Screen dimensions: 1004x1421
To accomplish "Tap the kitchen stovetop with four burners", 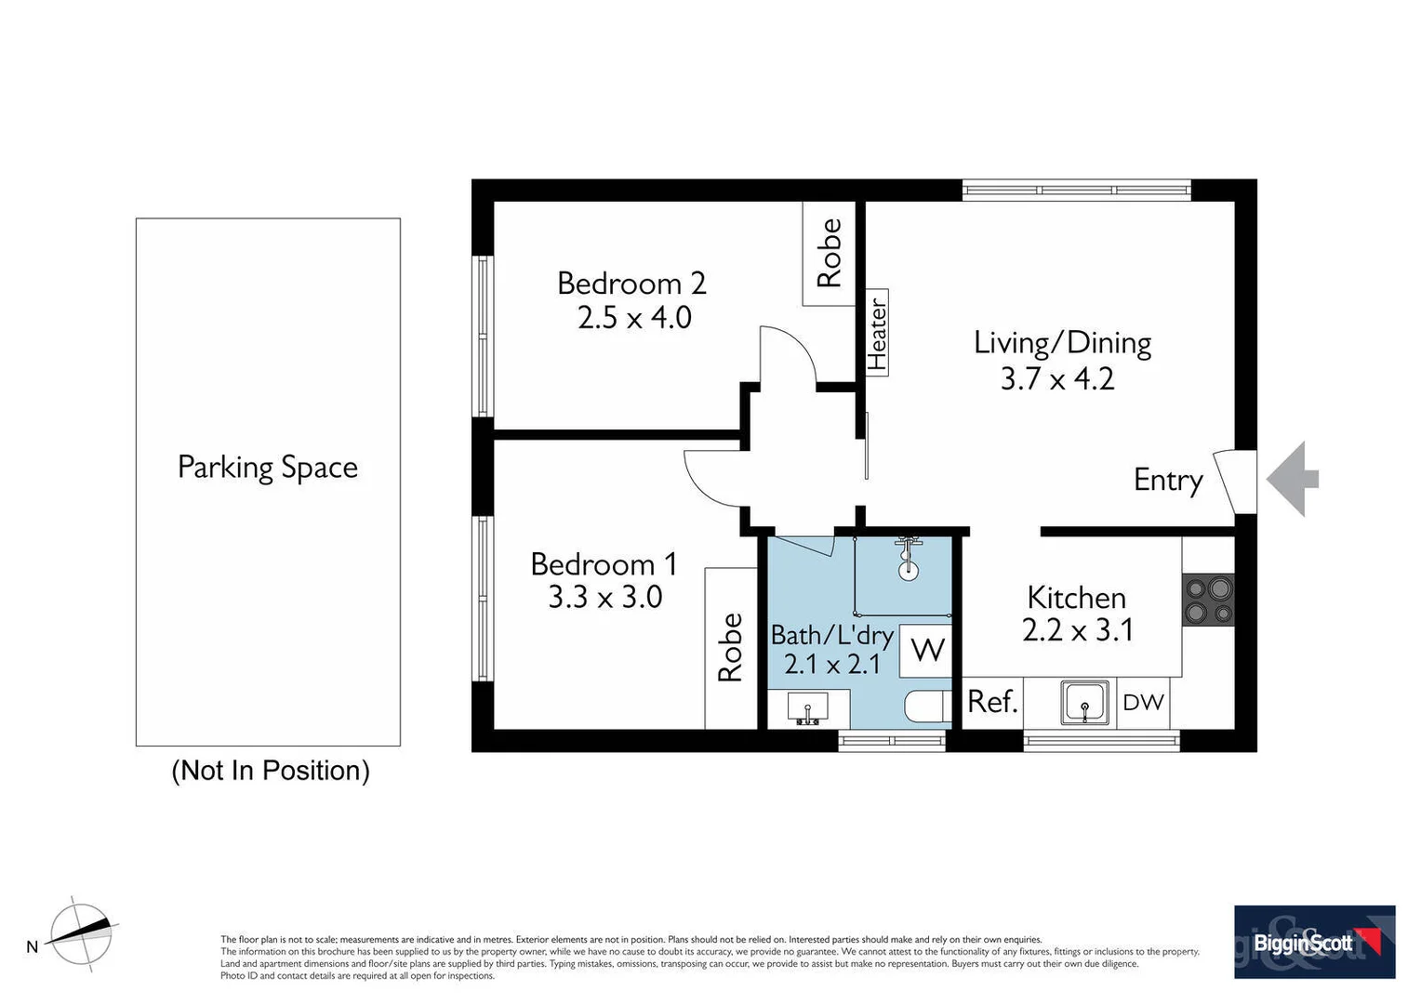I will coord(1208,601).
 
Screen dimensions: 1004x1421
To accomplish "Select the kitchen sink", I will coord(1084,702).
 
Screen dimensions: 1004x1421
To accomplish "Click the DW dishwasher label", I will coord(1143,703).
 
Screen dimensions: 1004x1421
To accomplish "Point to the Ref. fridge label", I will coord(992,702).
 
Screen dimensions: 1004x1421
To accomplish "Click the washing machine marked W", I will coord(927,649).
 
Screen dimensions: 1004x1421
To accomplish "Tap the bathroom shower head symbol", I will coord(908,559).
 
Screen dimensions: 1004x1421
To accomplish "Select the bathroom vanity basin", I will coord(807,709).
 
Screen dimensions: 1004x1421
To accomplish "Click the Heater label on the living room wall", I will coord(877,333).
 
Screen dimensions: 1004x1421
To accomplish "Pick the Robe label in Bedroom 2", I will coord(829,253).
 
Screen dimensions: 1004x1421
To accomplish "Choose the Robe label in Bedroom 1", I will coord(731,647).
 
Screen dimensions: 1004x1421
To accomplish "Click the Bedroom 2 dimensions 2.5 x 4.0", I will coord(634,318).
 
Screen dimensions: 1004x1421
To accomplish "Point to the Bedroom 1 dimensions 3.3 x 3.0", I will coord(604,597).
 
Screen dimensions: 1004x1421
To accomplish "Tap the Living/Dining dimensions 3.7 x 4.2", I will coord(1057,379).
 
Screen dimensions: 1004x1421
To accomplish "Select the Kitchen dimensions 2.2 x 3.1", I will coord(1077,630).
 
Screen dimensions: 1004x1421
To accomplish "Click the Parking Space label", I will coord(268,467).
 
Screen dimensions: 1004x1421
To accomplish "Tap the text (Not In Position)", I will coord(271,771).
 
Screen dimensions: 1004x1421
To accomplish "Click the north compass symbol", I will coord(81,935).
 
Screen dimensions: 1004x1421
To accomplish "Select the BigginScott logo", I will coord(1314,942).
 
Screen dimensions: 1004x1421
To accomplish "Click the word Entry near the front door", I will coord(1168,481).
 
